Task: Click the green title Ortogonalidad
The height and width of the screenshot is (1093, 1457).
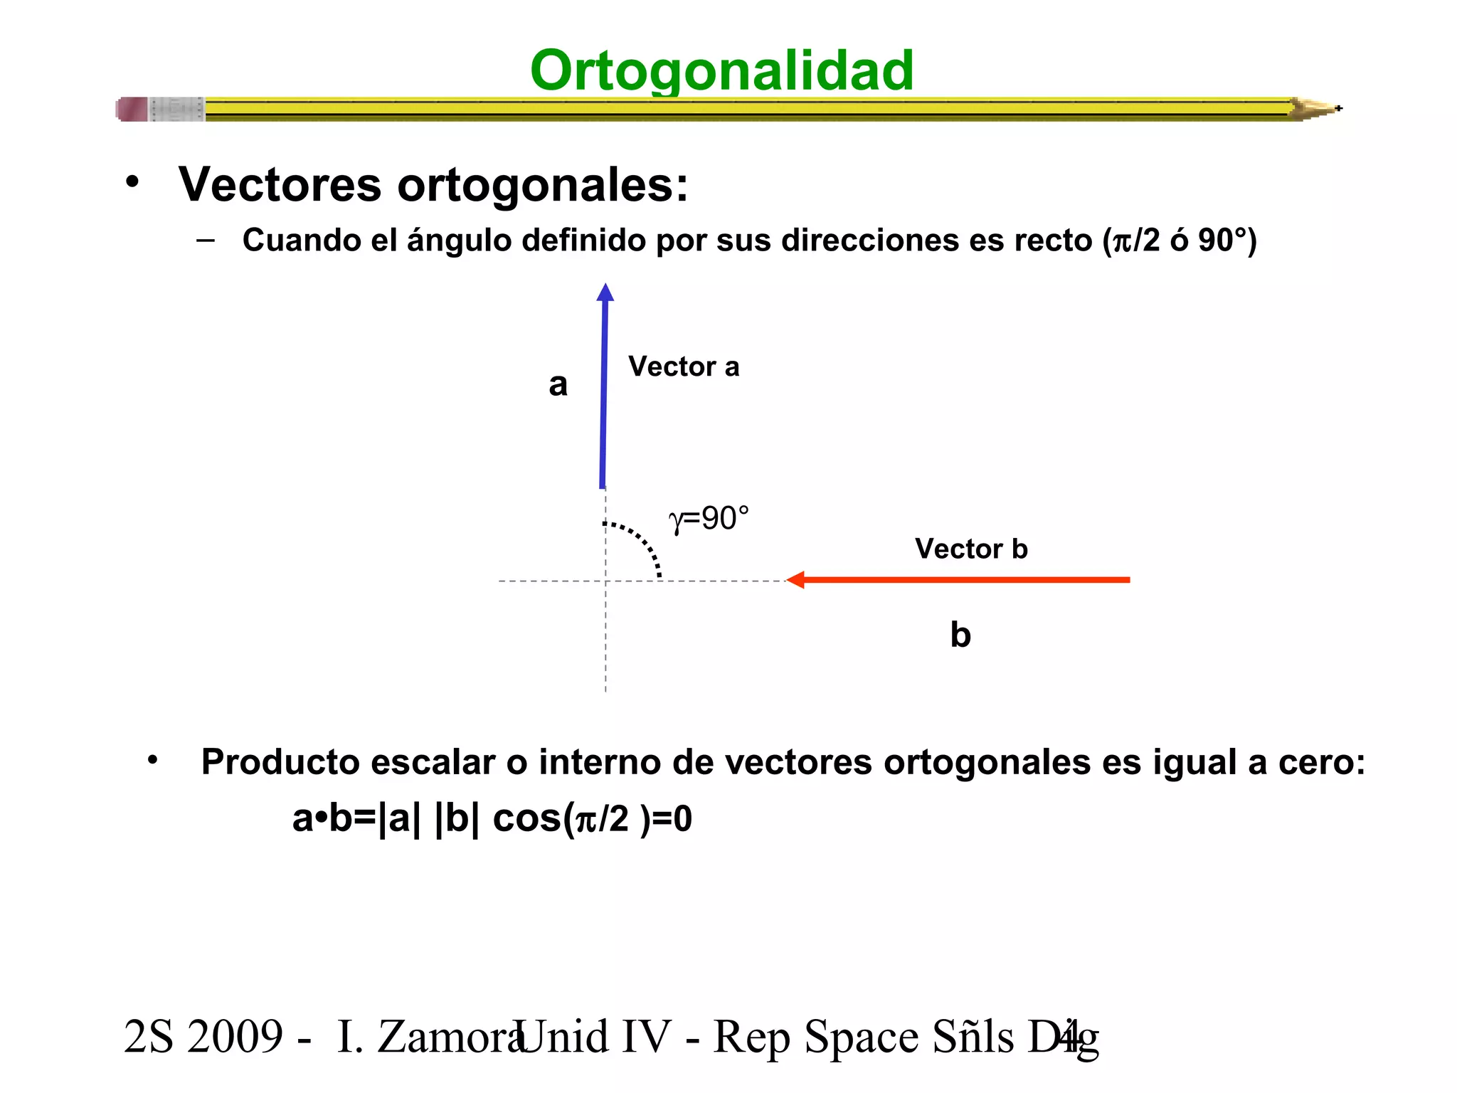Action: pyautogui.click(x=721, y=70)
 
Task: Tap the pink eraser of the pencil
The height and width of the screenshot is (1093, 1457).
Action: pyautogui.click(x=132, y=110)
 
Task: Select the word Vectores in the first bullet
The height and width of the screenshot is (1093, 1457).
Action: pyautogui.click(x=280, y=185)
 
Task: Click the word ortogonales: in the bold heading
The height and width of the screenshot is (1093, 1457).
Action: pyautogui.click(x=542, y=185)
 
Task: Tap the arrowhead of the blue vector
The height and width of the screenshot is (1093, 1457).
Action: pyautogui.click(x=605, y=292)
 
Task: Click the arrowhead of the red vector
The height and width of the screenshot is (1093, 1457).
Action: pyautogui.click(x=796, y=580)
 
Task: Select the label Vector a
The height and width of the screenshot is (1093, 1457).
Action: pyautogui.click(x=683, y=367)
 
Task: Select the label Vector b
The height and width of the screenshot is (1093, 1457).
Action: pyautogui.click(x=970, y=549)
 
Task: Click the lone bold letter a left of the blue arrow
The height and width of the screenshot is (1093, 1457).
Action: pyautogui.click(x=558, y=385)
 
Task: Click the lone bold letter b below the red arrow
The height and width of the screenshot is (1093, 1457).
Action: pyautogui.click(x=960, y=634)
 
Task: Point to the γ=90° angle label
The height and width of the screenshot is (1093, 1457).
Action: pyautogui.click(x=709, y=519)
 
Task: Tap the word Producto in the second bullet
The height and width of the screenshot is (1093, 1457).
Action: pyautogui.click(x=280, y=762)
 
